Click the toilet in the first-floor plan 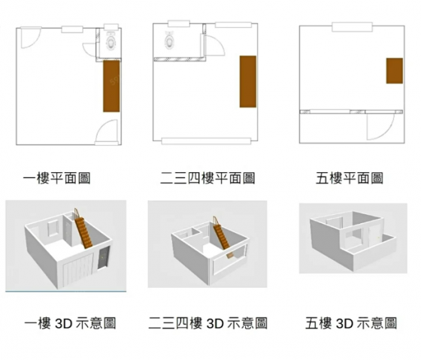point(111,41)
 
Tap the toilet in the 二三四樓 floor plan point(169,40)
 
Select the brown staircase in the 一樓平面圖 point(111,86)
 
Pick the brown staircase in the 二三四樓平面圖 point(248,82)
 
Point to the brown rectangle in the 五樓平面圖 point(395,71)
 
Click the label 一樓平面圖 point(56,178)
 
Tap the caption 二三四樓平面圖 point(207,178)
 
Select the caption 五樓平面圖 point(350,178)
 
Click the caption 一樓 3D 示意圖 point(70,323)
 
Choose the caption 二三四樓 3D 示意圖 point(207,323)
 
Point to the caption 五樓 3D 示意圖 point(351,323)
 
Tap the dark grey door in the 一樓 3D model point(104,258)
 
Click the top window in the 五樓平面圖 point(352,27)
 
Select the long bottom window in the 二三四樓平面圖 point(206,141)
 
